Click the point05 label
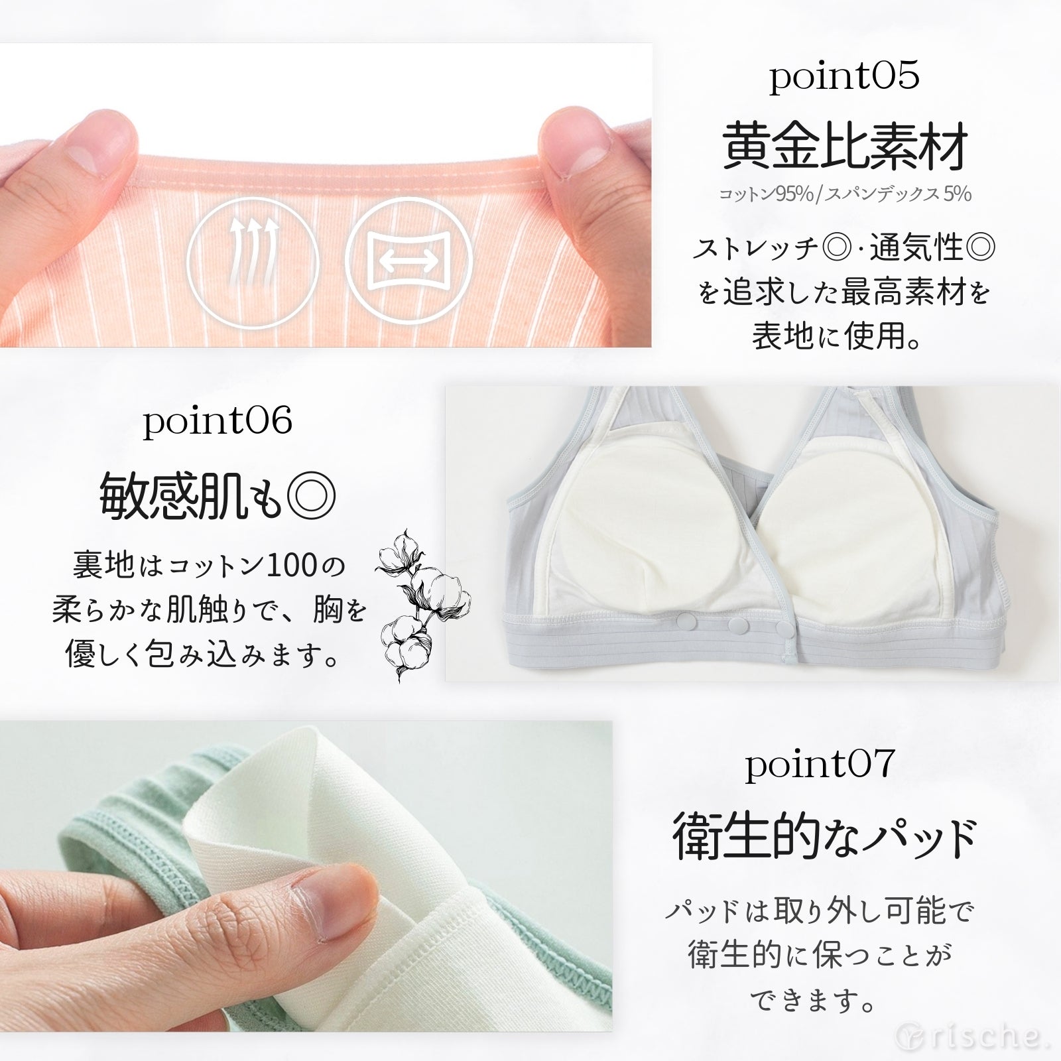(x=844, y=78)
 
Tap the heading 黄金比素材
(x=844, y=147)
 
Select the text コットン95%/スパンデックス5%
(x=844, y=194)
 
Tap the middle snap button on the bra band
(x=734, y=624)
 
